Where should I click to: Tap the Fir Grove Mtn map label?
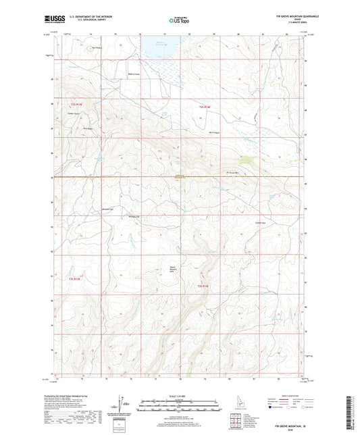click(233, 172)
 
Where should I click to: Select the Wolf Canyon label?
click(215, 132)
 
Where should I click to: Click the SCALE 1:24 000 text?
click(180, 396)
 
